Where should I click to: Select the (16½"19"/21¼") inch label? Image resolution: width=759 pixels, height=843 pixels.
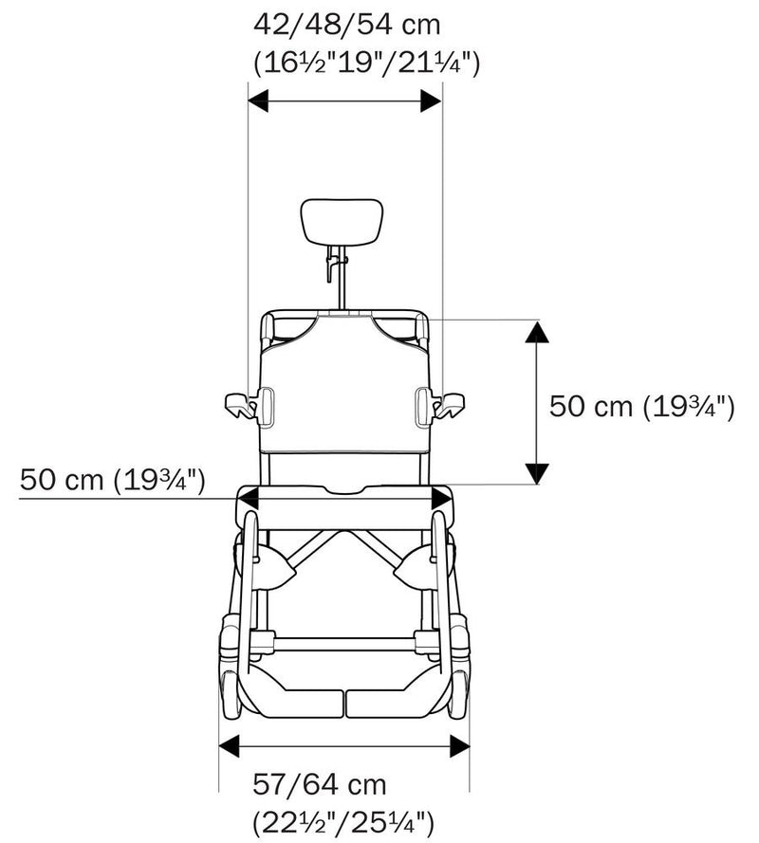(367, 63)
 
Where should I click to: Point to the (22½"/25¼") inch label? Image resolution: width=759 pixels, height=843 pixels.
(342, 820)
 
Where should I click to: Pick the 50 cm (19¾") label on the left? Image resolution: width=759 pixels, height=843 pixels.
(112, 480)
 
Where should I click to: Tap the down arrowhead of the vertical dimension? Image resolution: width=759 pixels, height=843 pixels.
(537, 471)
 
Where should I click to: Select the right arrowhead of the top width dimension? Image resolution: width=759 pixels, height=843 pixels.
(431, 101)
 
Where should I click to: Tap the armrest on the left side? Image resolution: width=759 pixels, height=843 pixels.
(241, 405)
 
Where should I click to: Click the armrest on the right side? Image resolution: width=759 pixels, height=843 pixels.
(448, 405)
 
